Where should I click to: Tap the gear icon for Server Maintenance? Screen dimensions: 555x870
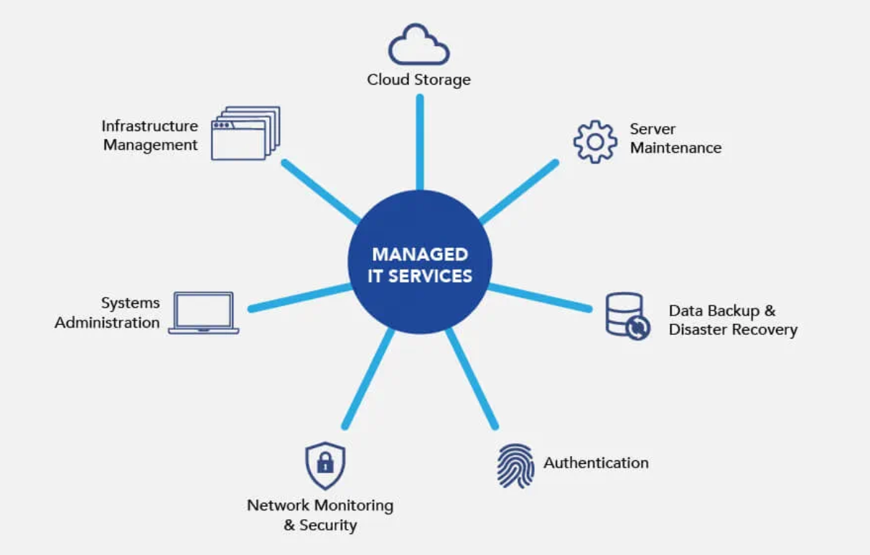[595, 142]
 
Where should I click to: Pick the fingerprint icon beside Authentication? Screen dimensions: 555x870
[515, 465]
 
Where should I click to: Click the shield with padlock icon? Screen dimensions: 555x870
[325, 465]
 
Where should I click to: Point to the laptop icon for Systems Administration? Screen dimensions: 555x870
[204, 313]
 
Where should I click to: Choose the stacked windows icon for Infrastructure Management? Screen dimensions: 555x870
[245, 133]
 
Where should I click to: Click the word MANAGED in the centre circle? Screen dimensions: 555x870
[420, 255]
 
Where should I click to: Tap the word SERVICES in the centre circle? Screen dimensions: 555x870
[431, 276]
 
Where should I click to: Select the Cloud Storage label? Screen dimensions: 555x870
[418, 80]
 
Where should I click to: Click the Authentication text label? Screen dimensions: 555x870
[596, 463]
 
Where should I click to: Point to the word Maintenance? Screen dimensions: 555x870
[675, 148]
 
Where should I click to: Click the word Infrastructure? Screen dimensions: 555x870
[149, 126]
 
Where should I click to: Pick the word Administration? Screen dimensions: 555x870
[107, 323]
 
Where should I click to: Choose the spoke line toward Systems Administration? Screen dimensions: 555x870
[300, 297]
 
